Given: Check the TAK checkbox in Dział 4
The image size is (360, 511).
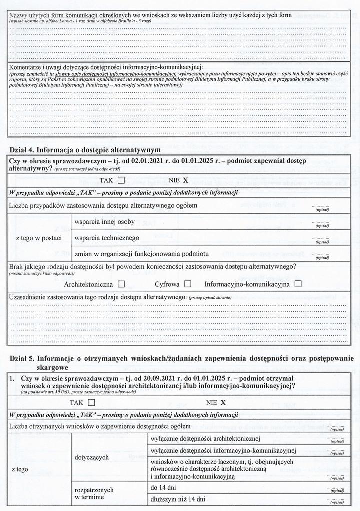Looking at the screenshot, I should click(x=121, y=180).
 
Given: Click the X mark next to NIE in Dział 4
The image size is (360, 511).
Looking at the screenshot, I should click(x=185, y=180).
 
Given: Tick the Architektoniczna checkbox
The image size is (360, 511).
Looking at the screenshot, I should click(x=121, y=284).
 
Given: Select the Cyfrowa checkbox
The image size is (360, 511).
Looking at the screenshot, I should click(x=188, y=284).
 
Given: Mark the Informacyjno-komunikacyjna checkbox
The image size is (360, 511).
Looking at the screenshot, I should click(x=298, y=284).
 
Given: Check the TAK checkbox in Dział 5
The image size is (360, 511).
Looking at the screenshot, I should click(x=91, y=402).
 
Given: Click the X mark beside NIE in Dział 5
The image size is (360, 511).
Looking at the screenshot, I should click(x=223, y=402).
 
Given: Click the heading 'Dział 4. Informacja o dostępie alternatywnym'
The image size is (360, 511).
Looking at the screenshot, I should click(x=85, y=150).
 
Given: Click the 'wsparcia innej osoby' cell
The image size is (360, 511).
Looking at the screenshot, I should click(x=104, y=222).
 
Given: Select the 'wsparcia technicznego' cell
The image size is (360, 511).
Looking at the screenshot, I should click(x=107, y=238).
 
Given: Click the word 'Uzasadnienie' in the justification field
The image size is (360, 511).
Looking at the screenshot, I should click(x=31, y=297).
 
